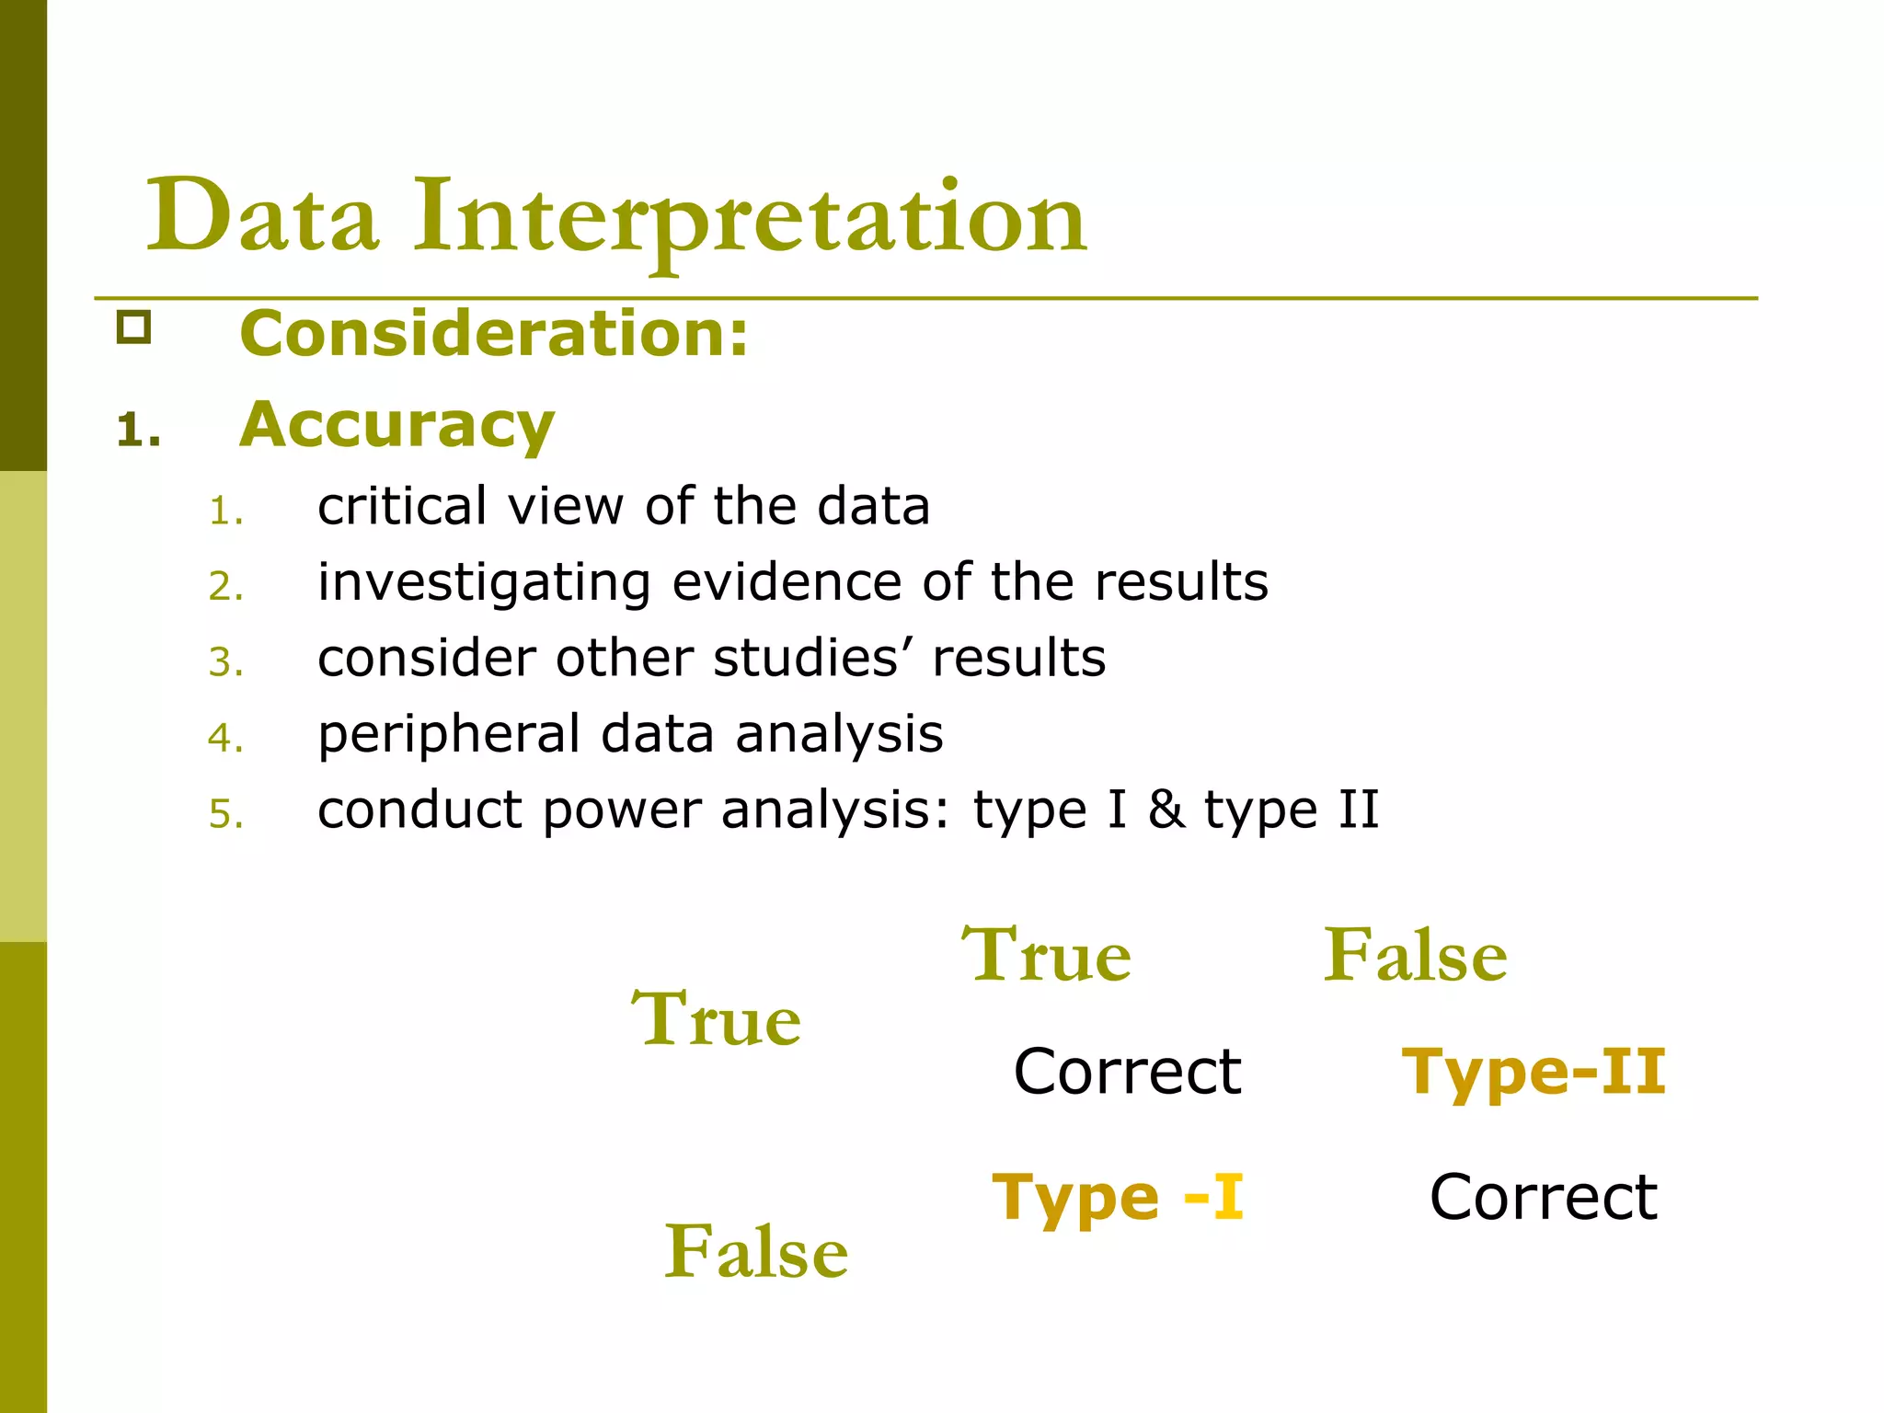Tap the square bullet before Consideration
(133, 327)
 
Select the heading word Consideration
(494, 333)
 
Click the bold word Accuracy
(396, 425)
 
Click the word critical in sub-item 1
(402, 506)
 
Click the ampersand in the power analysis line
(1166, 810)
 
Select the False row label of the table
(756, 1252)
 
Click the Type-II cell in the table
(1534, 1072)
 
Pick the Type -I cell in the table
(1118, 1198)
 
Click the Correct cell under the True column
(1127, 1072)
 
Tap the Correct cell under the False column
(1544, 1198)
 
